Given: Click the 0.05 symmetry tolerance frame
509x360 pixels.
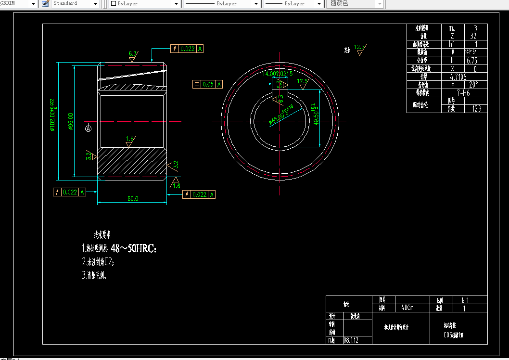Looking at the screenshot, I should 207,84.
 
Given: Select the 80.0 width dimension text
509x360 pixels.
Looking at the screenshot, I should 133,198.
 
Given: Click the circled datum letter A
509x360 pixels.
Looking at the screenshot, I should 88,129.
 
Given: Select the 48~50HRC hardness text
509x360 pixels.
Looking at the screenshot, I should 133,248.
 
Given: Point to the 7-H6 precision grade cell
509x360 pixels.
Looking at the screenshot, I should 463,93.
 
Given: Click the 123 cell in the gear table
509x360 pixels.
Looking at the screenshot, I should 476,109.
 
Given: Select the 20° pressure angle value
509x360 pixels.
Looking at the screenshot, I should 473,85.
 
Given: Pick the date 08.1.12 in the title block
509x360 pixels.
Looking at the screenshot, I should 350,340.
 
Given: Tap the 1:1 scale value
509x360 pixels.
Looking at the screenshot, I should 464,300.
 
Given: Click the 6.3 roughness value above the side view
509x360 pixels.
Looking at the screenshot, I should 133,53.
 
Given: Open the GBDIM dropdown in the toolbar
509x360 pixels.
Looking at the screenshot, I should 33,4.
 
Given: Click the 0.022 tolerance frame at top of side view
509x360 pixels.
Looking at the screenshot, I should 187,49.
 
